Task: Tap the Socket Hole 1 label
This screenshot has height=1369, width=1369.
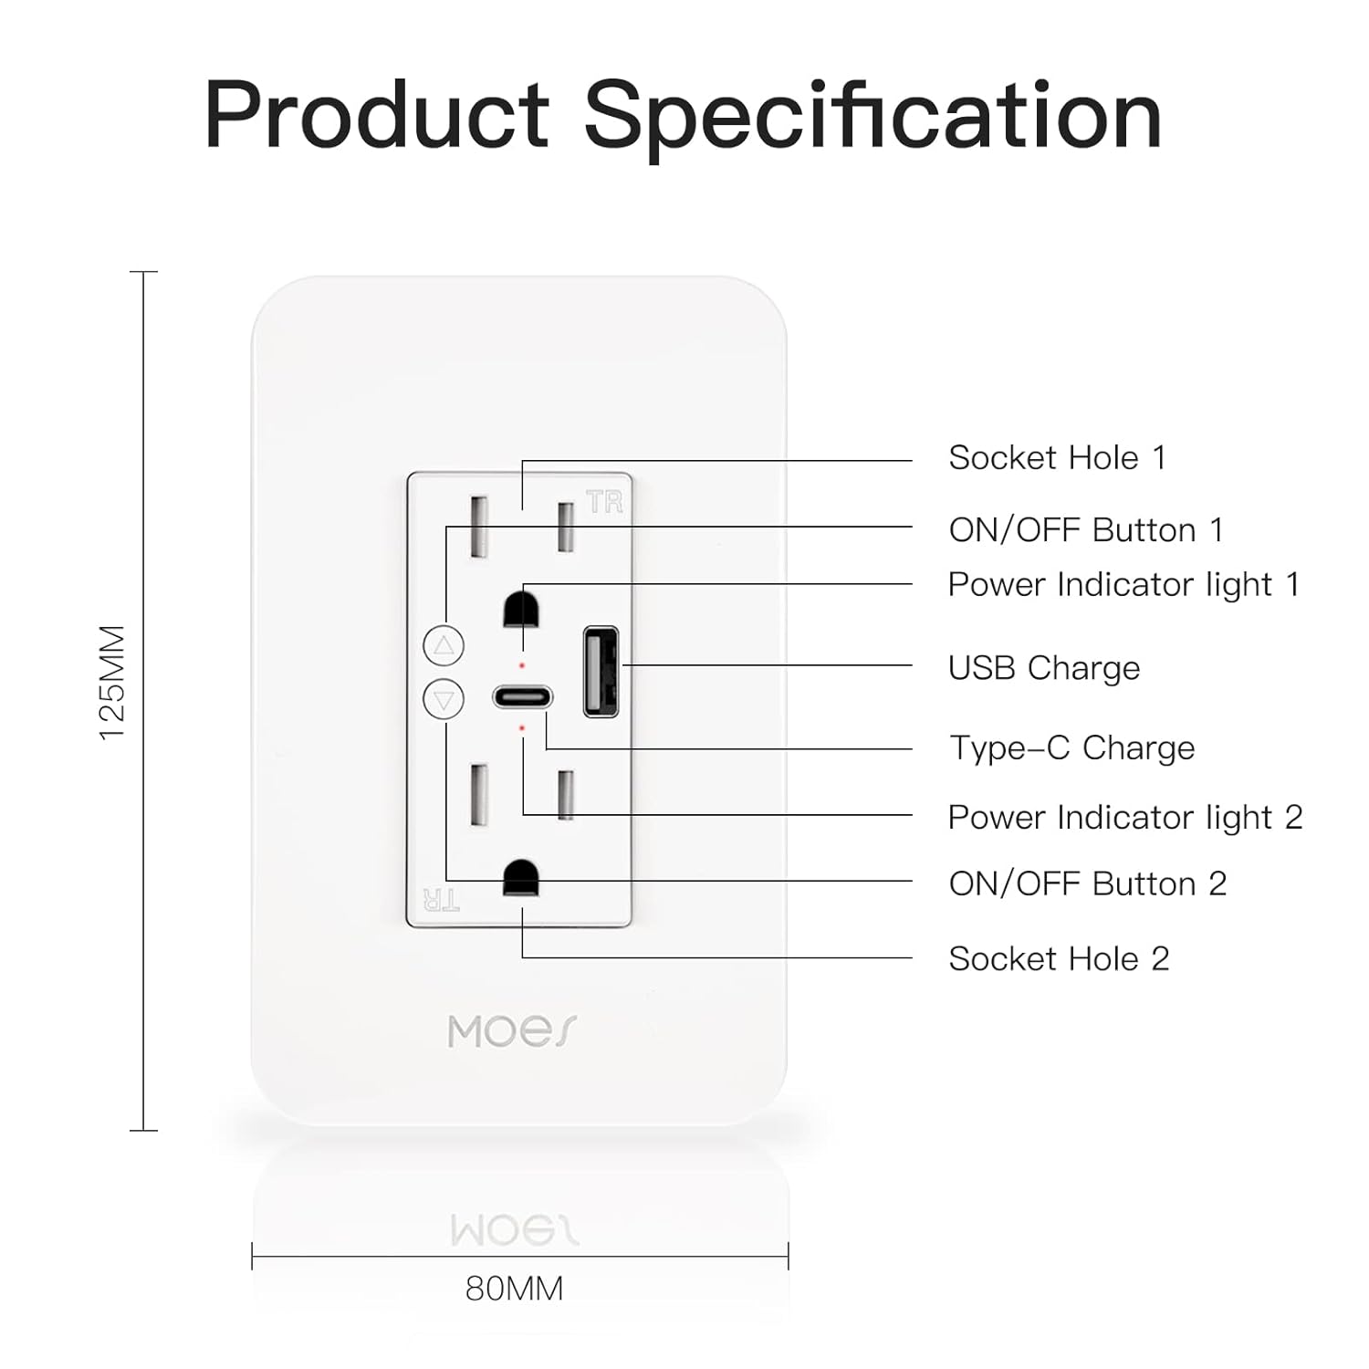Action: [1058, 457]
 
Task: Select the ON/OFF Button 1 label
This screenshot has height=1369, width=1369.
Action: [1086, 529]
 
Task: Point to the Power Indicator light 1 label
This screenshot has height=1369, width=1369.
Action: [1123, 584]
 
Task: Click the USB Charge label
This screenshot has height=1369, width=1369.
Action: [1044, 668]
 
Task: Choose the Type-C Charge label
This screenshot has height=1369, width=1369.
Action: [1072, 747]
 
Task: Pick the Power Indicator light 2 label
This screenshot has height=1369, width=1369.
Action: [1125, 817]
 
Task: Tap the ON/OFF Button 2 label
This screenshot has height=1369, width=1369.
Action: [1088, 883]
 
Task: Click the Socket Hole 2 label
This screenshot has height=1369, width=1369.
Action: [1059, 958]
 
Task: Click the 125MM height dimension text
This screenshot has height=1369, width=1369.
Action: [112, 683]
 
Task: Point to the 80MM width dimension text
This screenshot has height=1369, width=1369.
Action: [515, 1289]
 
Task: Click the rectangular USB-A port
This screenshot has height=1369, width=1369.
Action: [601, 671]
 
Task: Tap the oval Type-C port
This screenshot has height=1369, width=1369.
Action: [523, 697]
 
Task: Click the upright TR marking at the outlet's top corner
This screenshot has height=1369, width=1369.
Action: [605, 501]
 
